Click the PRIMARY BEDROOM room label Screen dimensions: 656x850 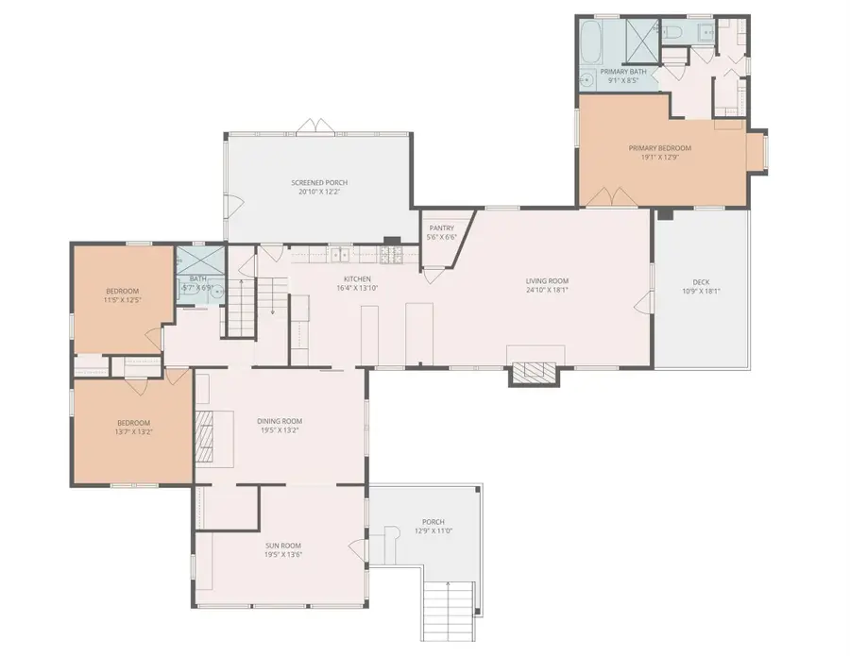point(660,148)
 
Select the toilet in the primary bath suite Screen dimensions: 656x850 point(674,34)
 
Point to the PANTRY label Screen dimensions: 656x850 point(442,227)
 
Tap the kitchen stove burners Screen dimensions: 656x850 point(391,254)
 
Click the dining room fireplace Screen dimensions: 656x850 point(205,436)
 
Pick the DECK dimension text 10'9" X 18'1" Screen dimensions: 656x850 point(700,291)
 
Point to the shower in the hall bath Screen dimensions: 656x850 point(199,258)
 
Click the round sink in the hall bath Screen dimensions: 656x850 point(216,293)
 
